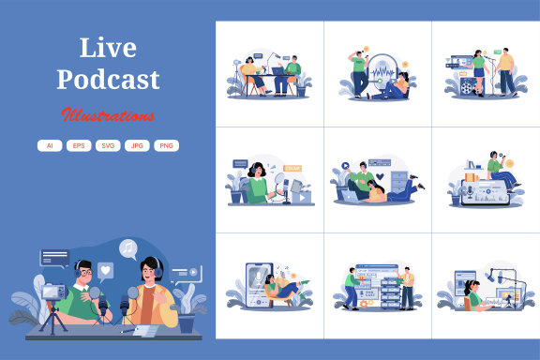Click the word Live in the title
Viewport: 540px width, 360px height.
(108, 48)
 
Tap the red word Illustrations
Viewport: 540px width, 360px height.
(108, 116)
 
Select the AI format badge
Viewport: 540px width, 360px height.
(49, 145)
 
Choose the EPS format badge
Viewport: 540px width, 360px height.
(77, 145)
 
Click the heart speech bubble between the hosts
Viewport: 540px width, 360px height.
(106, 270)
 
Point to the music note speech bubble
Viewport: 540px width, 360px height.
(127, 247)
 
